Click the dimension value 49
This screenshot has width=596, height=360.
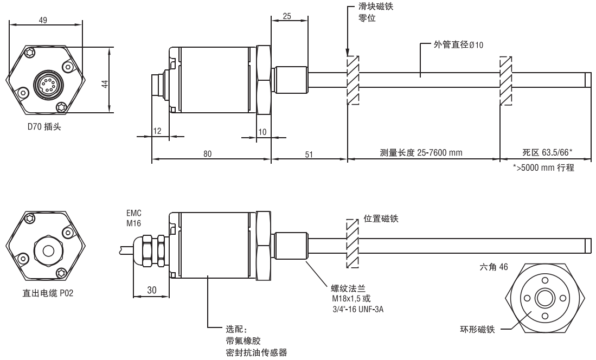point(43,20)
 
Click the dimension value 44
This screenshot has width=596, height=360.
point(105,83)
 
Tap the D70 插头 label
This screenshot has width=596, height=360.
point(44,126)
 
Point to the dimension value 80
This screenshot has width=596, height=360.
point(207,153)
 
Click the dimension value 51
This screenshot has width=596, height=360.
point(309,154)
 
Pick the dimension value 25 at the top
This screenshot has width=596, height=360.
point(287,16)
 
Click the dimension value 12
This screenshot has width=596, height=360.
point(157,131)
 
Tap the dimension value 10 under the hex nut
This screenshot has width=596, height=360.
point(262,132)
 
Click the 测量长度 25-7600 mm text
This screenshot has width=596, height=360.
point(421,153)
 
